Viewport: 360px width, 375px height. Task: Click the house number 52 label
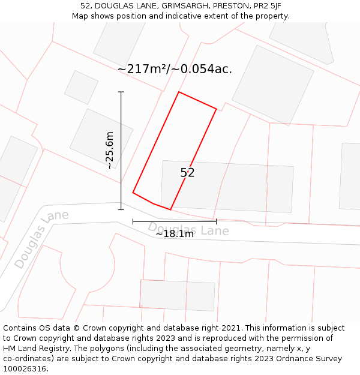point(187,173)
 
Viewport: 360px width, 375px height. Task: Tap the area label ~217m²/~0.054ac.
point(175,69)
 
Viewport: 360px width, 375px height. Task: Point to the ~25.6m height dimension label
point(109,150)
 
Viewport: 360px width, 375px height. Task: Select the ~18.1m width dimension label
point(175,234)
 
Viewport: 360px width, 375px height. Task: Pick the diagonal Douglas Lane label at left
point(41,238)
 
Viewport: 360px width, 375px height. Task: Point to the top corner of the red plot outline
point(179,92)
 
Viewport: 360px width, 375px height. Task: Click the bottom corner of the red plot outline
point(170,210)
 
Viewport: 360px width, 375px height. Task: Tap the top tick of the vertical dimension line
point(121,92)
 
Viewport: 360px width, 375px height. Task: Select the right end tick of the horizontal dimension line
point(216,222)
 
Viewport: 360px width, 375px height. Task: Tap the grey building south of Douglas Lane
point(177,295)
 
